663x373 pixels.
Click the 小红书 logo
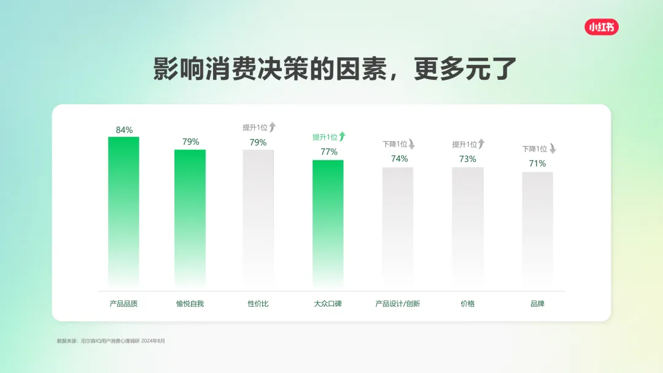(x=601, y=27)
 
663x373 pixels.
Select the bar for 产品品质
(x=123, y=209)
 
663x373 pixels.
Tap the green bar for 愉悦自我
(x=190, y=215)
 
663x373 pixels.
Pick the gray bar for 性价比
(x=258, y=215)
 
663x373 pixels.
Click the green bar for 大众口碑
(x=328, y=221)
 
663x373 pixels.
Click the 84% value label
(x=124, y=130)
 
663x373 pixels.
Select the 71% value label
(x=538, y=164)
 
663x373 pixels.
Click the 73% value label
(x=468, y=160)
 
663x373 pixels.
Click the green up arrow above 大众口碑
(x=342, y=137)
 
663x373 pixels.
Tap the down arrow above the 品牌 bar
(x=552, y=148)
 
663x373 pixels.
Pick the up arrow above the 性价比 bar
(x=273, y=127)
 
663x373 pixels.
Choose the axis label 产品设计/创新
(x=398, y=304)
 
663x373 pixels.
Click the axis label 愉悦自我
(x=190, y=304)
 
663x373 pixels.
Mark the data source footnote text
(x=111, y=340)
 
